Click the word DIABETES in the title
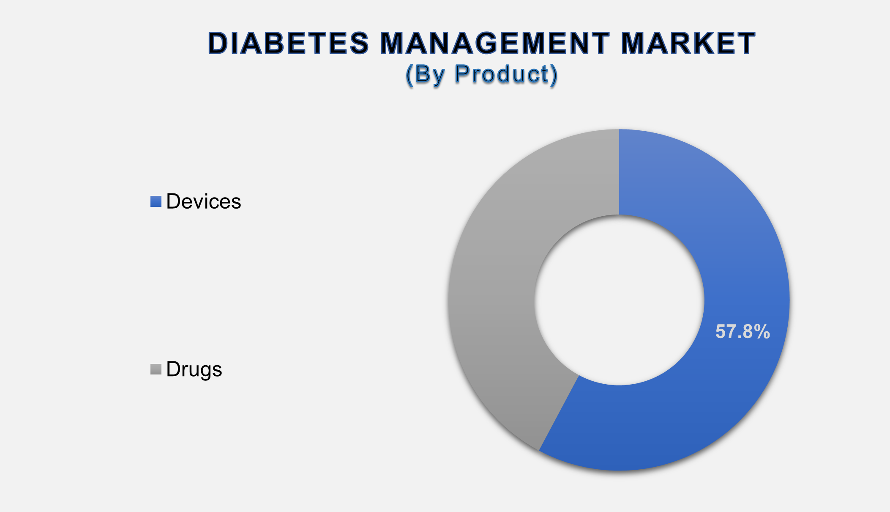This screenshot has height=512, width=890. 289,43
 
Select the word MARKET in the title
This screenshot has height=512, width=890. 688,43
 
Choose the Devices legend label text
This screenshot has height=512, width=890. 204,201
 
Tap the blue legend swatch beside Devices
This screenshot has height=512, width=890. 156,201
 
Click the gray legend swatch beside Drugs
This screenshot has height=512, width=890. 156,369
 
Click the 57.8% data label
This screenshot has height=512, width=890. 743,331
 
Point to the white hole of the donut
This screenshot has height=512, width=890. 619,300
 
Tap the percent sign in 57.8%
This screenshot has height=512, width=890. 762,331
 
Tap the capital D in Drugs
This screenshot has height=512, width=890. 174,369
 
